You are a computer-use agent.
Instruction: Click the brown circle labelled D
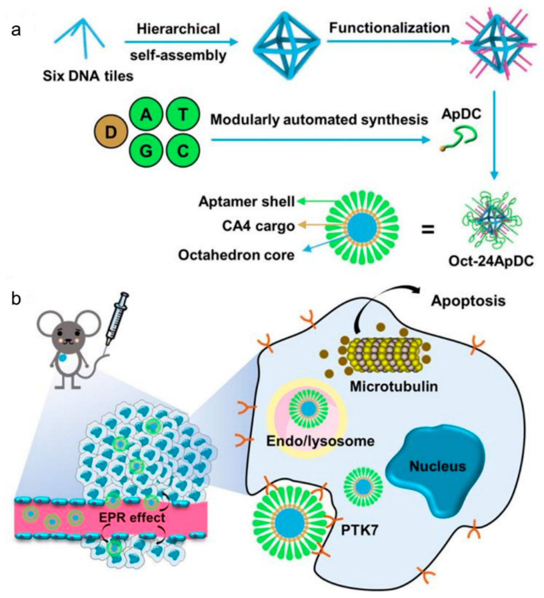111,133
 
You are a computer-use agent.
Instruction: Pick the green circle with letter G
146,151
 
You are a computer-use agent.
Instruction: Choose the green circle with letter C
183,151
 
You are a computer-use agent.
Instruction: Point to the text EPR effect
132,518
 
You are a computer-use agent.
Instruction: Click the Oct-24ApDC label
491,261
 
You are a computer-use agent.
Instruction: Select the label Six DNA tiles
88,76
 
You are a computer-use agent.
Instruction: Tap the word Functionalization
389,28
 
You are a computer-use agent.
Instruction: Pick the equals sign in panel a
428,229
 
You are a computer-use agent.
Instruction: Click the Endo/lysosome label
320,441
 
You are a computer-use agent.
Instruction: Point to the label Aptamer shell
246,202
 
